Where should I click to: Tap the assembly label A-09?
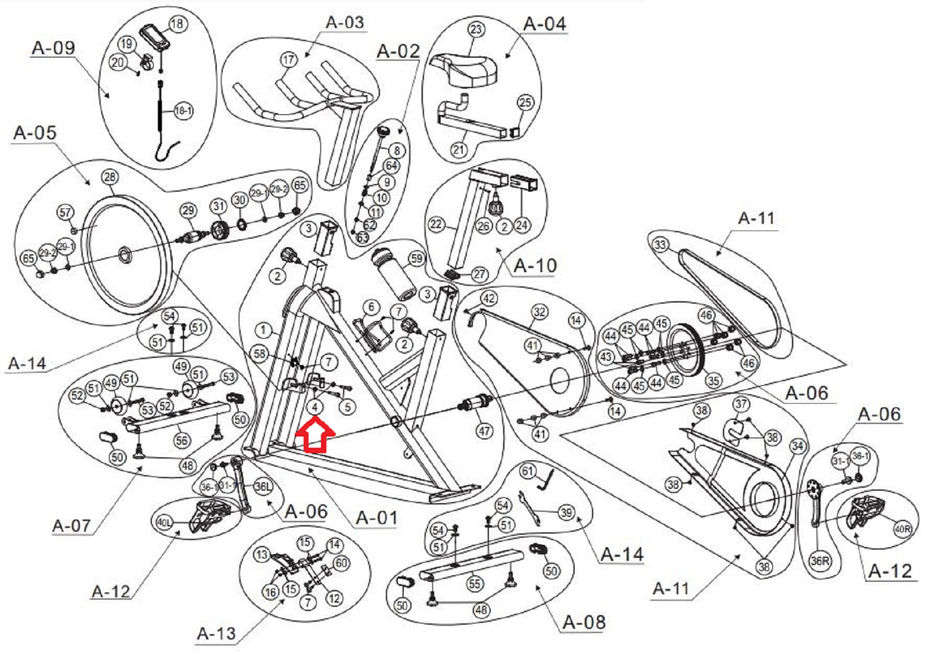[53, 48]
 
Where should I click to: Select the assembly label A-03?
[345, 23]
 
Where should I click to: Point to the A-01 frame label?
[376, 517]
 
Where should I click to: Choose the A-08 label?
[584, 622]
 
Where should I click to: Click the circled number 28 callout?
[110, 177]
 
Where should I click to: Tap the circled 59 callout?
[416, 259]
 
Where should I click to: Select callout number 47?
[485, 429]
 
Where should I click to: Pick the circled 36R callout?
[820, 561]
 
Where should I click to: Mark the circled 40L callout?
[164, 523]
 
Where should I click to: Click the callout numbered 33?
[660, 245]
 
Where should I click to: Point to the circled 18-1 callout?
[183, 111]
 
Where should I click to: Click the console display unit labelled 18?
[154, 38]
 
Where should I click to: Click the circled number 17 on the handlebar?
[288, 60]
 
